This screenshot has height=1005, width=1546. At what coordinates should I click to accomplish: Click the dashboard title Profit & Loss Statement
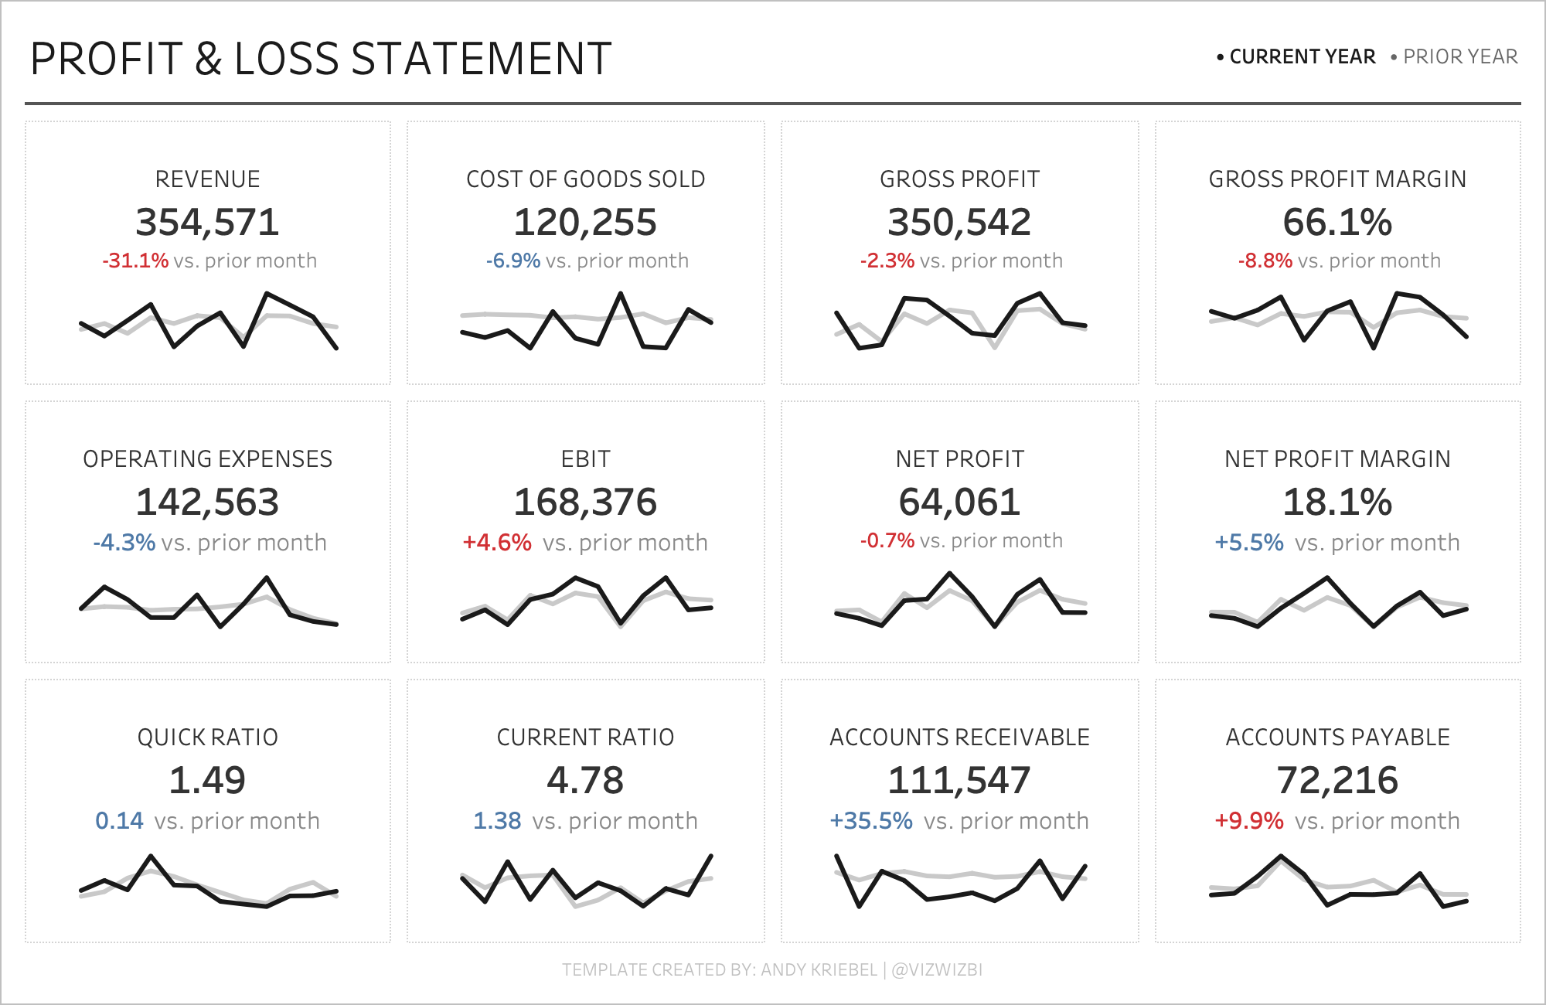(x=321, y=59)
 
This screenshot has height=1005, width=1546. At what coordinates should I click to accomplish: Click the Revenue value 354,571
(x=207, y=223)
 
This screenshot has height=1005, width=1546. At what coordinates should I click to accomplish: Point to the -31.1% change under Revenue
(x=135, y=261)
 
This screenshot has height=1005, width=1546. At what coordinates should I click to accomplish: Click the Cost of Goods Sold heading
(x=585, y=179)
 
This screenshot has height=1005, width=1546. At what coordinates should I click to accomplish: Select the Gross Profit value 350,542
(x=959, y=223)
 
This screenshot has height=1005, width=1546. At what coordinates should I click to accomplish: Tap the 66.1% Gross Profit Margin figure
(x=1337, y=223)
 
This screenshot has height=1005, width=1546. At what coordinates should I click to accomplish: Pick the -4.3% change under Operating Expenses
(x=124, y=543)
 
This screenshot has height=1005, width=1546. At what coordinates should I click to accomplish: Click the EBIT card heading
(x=585, y=459)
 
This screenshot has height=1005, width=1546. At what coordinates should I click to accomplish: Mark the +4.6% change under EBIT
(x=497, y=543)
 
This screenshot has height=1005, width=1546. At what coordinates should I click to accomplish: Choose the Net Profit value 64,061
(x=959, y=502)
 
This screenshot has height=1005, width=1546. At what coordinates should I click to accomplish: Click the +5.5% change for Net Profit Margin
(x=1249, y=543)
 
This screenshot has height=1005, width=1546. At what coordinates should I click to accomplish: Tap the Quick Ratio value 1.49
(x=207, y=781)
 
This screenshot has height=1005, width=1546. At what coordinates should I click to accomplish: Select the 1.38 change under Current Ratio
(x=497, y=821)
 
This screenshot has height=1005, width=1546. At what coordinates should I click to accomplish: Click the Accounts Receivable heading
(x=959, y=738)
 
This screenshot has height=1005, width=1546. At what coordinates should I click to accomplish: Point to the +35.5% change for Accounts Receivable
(x=871, y=821)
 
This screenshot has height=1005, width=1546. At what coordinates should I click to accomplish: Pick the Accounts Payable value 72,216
(x=1337, y=781)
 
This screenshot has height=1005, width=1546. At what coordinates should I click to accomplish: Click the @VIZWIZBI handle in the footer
(x=937, y=969)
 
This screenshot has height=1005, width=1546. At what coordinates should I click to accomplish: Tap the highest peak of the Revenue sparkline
(x=267, y=294)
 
